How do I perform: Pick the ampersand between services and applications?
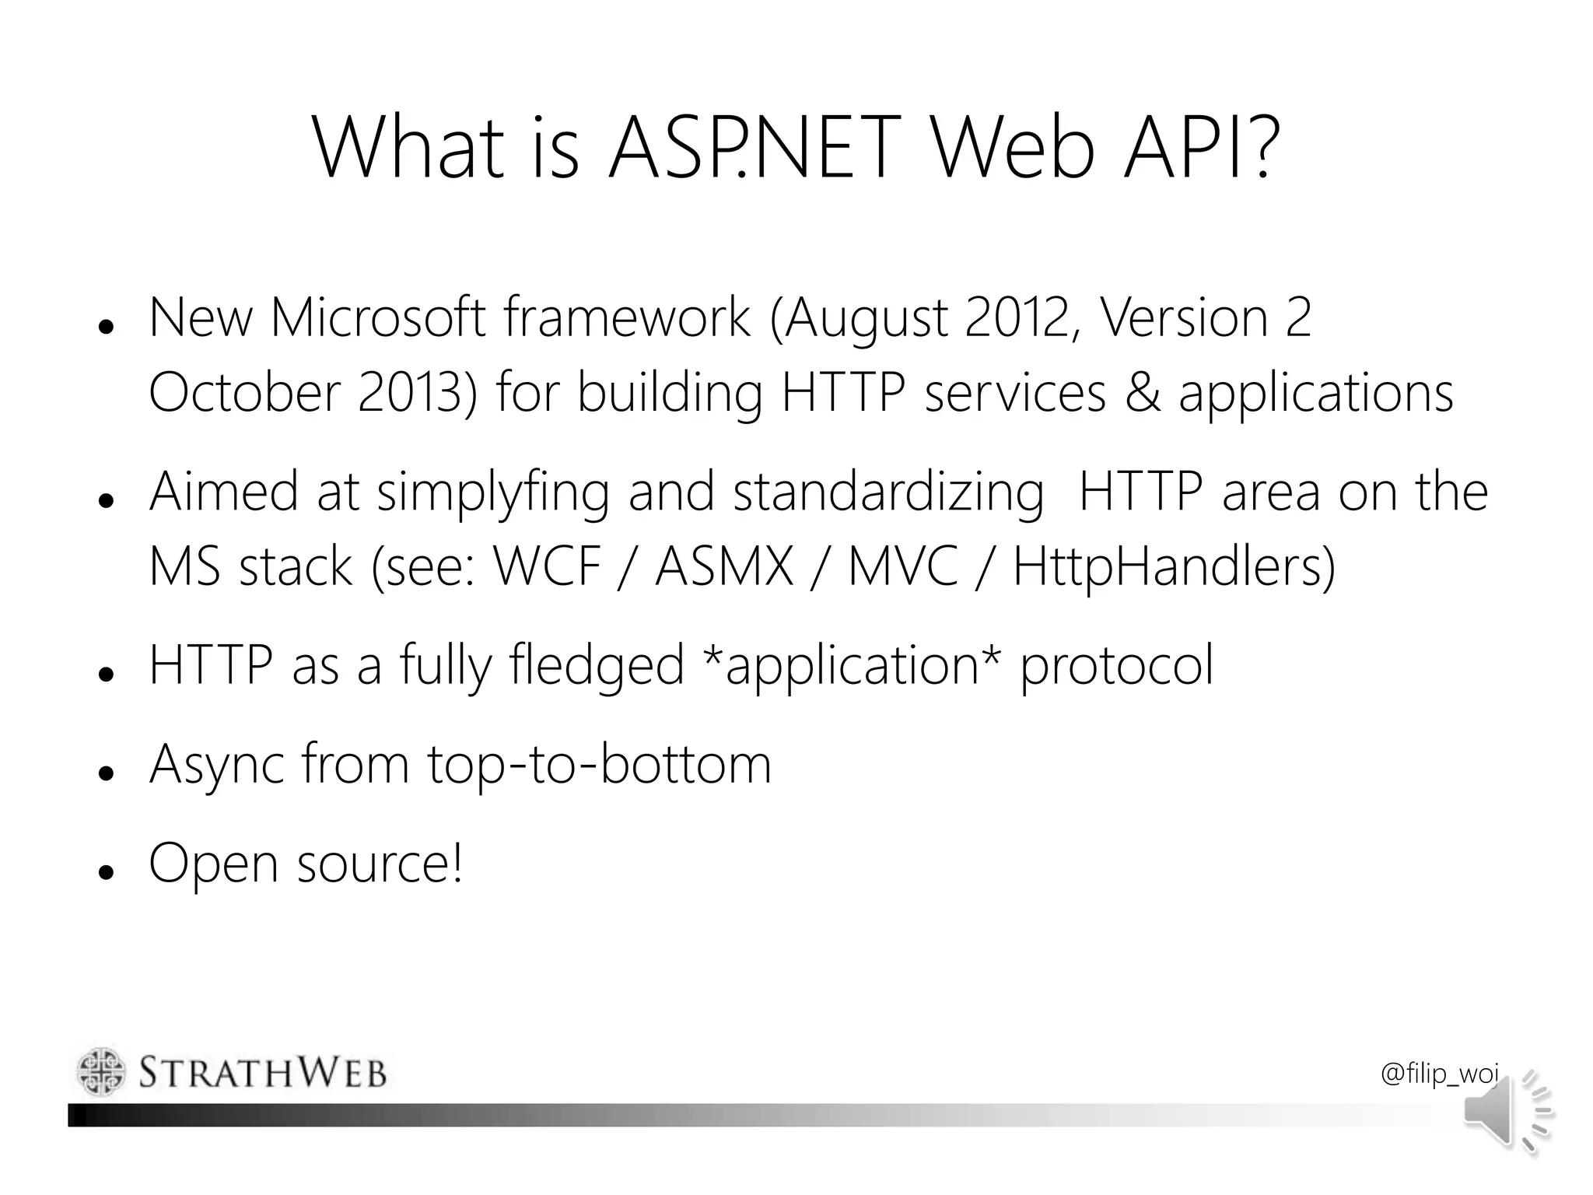click(1141, 392)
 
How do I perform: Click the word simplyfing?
click(493, 492)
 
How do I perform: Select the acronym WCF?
click(548, 566)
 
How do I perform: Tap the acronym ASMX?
click(724, 566)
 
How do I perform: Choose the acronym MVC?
click(902, 566)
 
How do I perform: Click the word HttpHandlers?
click(1174, 566)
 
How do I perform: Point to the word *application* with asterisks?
click(851, 665)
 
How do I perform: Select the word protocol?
click(1116, 665)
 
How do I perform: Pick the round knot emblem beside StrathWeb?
click(101, 1072)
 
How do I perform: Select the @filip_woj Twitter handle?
click(1439, 1074)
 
